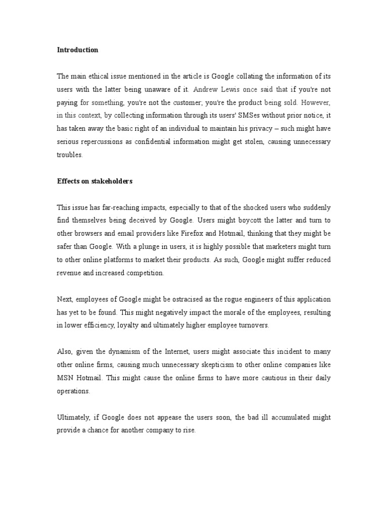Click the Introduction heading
(77, 50)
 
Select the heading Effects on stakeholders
(94, 181)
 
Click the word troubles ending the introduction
(70, 155)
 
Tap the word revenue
(69, 273)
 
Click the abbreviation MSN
(66, 378)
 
